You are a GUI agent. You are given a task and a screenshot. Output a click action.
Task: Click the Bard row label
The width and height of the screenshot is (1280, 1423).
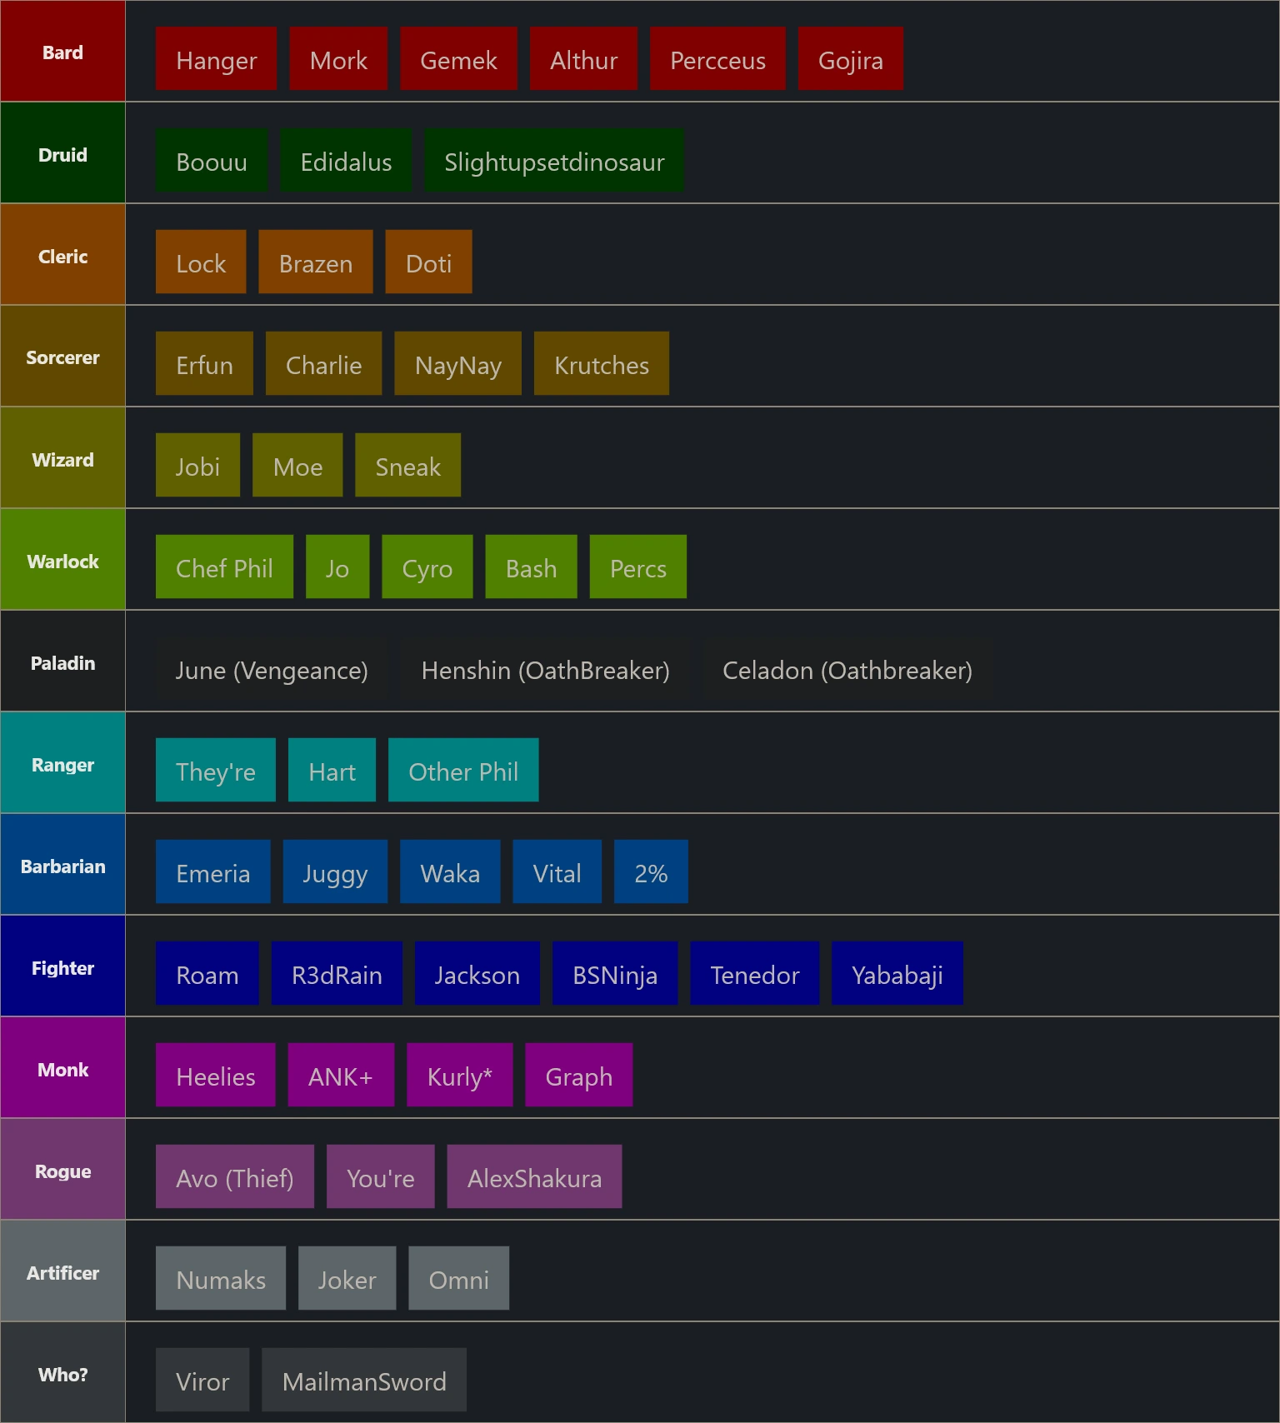62,52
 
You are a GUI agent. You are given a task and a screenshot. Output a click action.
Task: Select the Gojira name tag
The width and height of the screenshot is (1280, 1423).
850,58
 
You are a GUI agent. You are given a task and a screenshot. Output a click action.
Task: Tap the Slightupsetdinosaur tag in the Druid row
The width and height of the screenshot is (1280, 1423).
554,160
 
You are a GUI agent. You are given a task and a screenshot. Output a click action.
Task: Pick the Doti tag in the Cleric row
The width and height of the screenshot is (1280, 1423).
428,262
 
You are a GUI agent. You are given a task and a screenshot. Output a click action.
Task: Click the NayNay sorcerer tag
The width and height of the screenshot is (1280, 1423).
457,363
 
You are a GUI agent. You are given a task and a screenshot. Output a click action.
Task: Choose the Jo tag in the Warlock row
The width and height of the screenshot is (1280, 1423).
337,567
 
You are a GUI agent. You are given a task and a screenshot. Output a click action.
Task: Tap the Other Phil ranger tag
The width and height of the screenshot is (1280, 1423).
463,770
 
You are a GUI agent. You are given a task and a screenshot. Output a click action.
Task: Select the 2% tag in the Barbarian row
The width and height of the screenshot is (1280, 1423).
651,871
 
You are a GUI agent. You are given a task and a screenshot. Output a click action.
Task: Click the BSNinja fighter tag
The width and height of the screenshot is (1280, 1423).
615,973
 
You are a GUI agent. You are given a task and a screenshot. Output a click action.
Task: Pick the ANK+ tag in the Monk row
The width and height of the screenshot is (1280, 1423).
341,1075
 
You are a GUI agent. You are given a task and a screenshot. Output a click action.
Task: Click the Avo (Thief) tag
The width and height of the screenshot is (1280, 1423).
235,1176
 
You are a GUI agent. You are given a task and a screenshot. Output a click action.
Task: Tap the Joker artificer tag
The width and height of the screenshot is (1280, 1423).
347,1278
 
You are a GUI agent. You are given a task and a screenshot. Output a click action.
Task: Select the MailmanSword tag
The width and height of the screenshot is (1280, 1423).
364,1380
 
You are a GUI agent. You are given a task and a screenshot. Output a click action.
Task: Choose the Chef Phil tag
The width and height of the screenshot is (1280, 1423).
224,567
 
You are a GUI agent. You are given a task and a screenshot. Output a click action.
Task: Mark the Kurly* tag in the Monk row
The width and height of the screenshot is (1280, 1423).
459,1075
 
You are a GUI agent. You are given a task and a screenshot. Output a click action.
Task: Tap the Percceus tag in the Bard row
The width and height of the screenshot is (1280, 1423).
717,58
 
